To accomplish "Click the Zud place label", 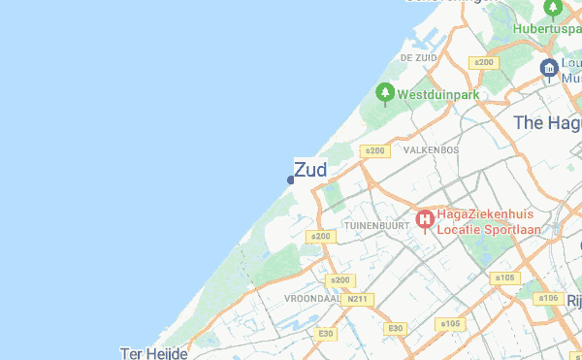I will pyautogui.click(x=310, y=170).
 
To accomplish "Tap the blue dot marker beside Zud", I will pyautogui.click(x=291, y=180).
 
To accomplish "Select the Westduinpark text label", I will pyautogui.click(x=439, y=96).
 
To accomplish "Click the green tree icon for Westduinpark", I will pyautogui.click(x=385, y=94).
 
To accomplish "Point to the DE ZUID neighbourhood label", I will pyautogui.click(x=419, y=58).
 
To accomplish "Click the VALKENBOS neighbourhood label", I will pyautogui.click(x=432, y=150).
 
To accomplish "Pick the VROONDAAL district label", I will pyautogui.click(x=310, y=298).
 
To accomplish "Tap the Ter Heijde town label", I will pyautogui.click(x=153, y=353).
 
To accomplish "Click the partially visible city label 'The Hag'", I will pyautogui.click(x=546, y=123).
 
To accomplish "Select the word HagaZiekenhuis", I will pyautogui.click(x=482, y=214).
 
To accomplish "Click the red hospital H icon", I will pyautogui.click(x=424, y=220).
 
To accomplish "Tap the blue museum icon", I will pyautogui.click(x=549, y=69).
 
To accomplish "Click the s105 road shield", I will pyautogui.click(x=504, y=278).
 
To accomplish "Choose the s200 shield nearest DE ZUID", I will pyautogui.click(x=482, y=62).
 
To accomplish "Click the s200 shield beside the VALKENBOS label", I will pyautogui.click(x=373, y=150).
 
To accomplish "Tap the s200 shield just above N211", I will pyautogui.click(x=340, y=280).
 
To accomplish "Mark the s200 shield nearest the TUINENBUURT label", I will pyautogui.click(x=319, y=236).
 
